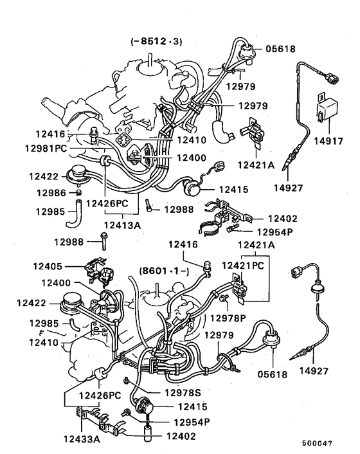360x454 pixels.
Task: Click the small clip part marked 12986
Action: (76, 191)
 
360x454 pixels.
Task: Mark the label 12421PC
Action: (245, 265)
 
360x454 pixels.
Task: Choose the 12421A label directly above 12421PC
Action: (256, 245)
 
